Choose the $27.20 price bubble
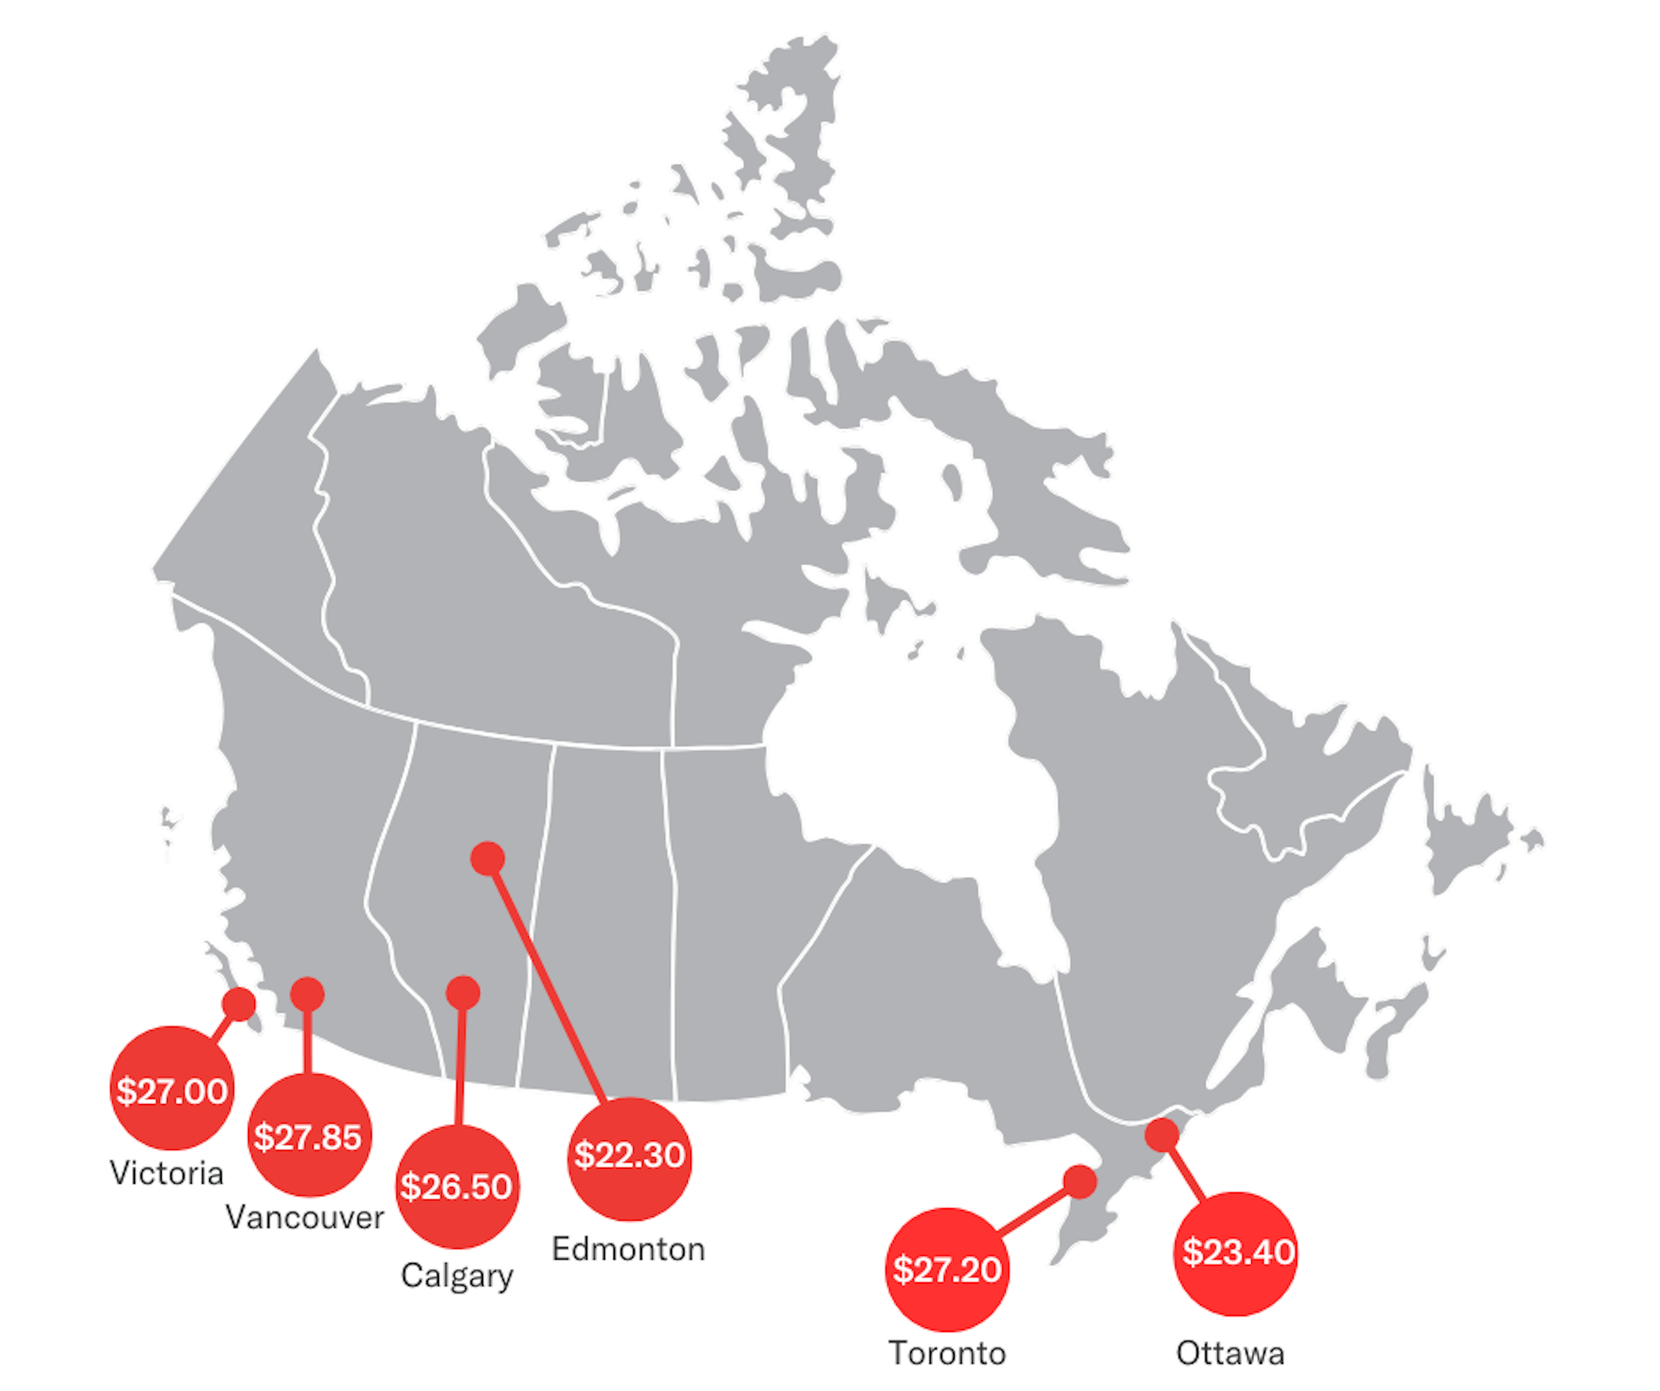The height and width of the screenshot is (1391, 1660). point(947,1269)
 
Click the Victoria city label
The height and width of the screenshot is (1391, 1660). point(167,1173)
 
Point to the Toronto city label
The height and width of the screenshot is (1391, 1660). point(947,1353)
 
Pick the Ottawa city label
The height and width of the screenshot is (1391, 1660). point(1230,1353)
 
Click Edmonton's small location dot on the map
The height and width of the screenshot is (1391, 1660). point(488,858)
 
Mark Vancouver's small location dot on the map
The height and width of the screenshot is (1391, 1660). point(307,993)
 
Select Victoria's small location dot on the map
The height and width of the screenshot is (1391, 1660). point(239,1004)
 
